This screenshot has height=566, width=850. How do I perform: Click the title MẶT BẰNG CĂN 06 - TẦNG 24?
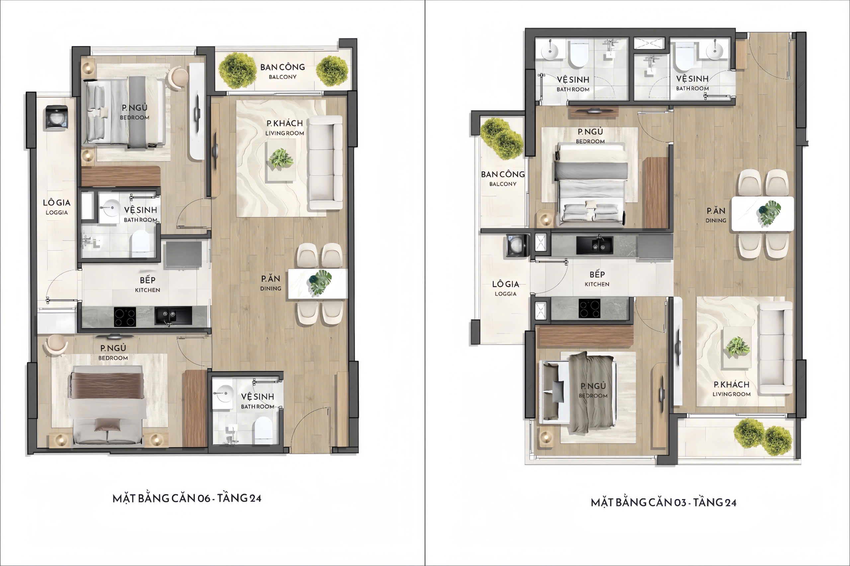[x=187, y=498]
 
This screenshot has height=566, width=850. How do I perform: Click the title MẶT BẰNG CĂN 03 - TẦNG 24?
[x=664, y=502]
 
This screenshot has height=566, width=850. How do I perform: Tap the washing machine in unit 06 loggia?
[x=56, y=117]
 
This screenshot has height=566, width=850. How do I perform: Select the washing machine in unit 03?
[x=517, y=246]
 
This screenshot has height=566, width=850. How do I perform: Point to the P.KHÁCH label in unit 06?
[x=285, y=123]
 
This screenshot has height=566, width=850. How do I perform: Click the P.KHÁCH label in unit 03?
[x=731, y=385]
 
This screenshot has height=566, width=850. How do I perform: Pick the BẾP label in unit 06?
[x=148, y=280]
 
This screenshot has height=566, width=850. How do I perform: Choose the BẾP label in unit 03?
[x=597, y=274]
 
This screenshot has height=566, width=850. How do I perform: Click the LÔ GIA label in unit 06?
[x=57, y=202]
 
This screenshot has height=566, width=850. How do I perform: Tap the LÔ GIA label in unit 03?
[x=506, y=284]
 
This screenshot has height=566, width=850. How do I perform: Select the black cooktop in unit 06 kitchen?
[x=125, y=317]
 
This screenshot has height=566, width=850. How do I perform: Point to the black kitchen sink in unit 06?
[x=173, y=316]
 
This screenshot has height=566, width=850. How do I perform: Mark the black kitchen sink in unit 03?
[x=594, y=245]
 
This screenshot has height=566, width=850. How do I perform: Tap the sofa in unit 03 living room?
[x=775, y=348]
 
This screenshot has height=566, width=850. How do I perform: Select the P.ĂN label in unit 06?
[x=271, y=279]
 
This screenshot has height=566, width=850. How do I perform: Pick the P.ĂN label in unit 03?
[x=716, y=210]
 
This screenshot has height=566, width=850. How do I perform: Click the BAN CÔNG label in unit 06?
[x=283, y=67]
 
